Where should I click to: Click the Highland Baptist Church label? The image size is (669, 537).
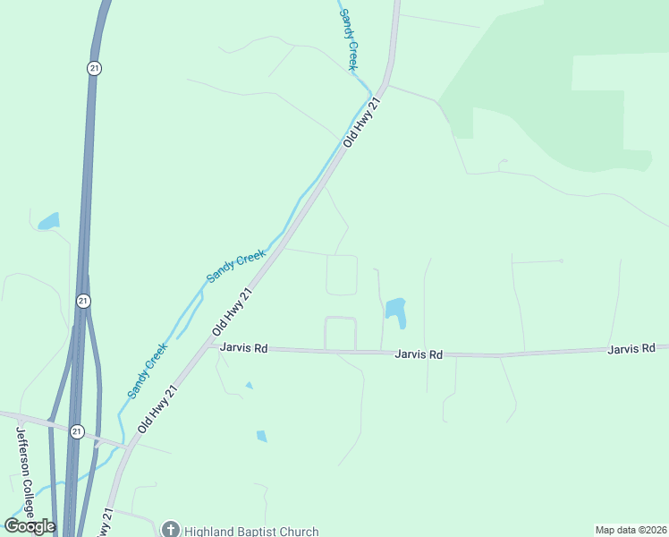tap(251, 531)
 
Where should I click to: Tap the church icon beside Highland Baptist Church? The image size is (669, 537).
tap(171, 530)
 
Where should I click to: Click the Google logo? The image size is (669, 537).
tap(30, 525)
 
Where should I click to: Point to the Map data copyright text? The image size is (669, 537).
tap(630, 530)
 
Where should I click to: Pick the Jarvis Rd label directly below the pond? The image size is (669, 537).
tap(419, 354)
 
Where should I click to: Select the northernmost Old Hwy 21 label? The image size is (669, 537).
tap(362, 123)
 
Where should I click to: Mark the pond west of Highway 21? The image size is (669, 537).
tap(48, 220)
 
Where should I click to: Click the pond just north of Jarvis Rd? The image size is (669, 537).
tap(394, 311)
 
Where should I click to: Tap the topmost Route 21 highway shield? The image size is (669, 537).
tap(93, 68)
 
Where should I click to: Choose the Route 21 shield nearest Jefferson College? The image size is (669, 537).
tap(77, 431)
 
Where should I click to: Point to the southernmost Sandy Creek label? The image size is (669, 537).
tap(147, 371)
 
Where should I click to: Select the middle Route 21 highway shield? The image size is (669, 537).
tap(83, 301)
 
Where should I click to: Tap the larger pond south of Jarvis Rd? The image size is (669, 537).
tap(261, 436)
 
